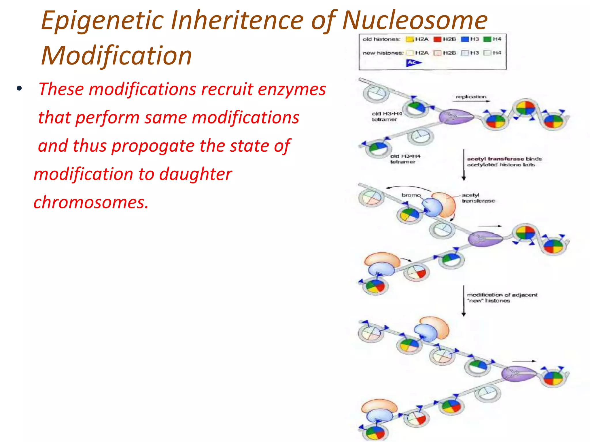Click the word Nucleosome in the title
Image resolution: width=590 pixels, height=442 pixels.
(x=415, y=21)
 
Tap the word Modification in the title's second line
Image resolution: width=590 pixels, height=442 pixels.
(x=116, y=56)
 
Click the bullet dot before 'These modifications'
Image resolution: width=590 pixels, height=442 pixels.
(x=19, y=88)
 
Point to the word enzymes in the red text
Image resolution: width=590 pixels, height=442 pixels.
(x=292, y=89)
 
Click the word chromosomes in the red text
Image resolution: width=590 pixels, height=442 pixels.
(x=91, y=202)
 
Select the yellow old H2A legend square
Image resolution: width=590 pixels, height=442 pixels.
(x=409, y=39)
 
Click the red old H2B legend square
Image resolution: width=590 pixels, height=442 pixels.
(x=437, y=39)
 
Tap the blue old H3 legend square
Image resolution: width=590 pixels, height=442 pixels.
(x=465, y=39)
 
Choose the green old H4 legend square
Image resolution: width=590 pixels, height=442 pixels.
(x=487, y=39)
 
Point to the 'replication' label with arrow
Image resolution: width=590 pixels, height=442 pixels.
(x=471, y=97)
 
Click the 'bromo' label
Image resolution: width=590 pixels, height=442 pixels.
(x=411, y=195)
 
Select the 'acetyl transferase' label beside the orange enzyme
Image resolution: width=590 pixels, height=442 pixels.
(x=478, y=198)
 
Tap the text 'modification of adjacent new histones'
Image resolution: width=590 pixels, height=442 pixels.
(x=502, y=298)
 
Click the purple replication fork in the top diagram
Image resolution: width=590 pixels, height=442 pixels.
(x=456, y=117)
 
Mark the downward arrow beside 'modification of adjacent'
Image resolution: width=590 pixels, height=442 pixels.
(x=464, y=301)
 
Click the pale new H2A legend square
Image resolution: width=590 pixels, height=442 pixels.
(x=409, y=53)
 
